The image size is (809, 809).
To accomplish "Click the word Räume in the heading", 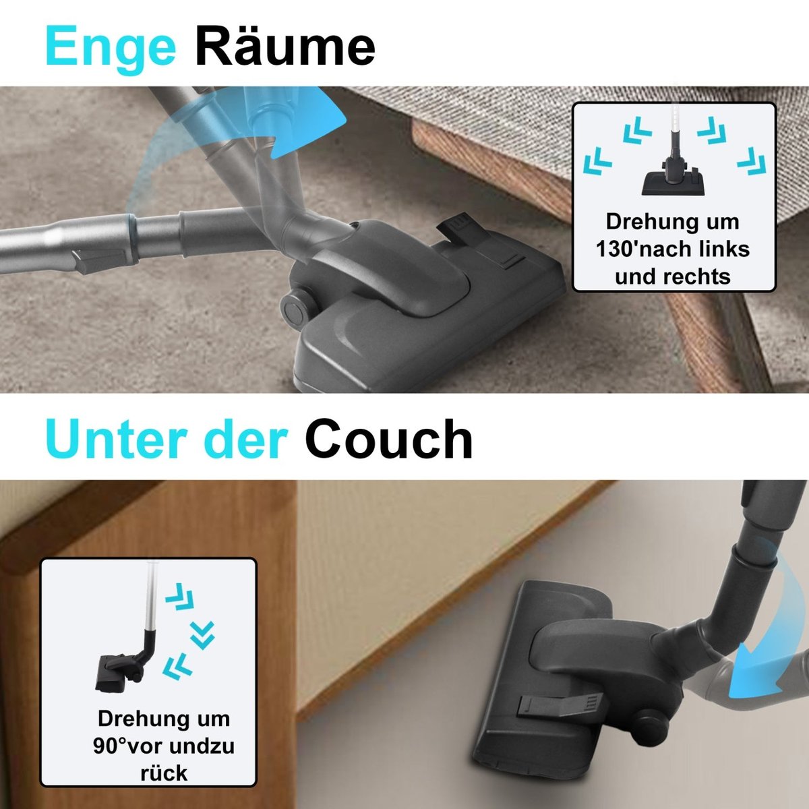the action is coord(285,45).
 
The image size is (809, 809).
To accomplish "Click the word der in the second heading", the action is coord(246,439).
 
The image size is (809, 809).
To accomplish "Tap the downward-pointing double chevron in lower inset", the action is coord(202,635).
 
